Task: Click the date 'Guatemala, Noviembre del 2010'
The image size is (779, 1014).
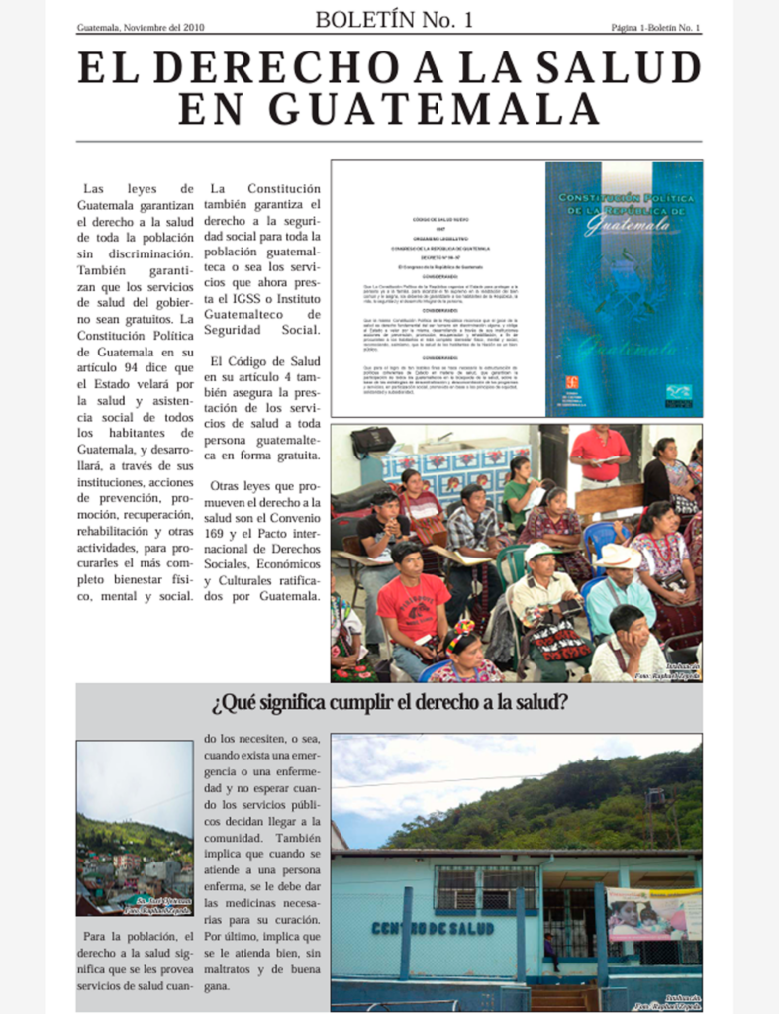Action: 141,27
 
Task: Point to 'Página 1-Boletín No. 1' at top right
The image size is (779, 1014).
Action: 654,27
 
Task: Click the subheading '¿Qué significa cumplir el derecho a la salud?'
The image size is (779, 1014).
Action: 389,705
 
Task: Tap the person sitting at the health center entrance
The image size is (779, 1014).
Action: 550,951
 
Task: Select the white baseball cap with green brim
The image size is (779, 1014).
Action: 540,552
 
